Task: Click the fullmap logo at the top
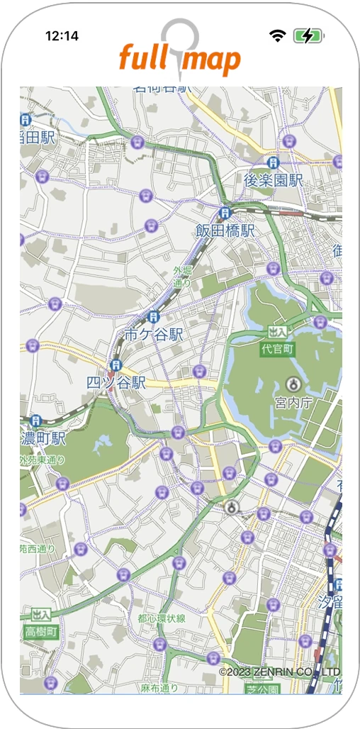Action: pos(179,57)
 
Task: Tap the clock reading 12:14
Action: pos(62,35)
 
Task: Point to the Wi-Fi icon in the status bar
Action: pos(277,35)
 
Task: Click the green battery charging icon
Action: pos(308,35)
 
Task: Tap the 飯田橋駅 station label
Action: pos(225,230)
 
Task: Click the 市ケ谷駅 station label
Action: pos(154,334)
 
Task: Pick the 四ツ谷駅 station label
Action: pos(116,382)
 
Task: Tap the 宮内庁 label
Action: pos(293,402)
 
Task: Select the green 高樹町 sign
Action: pos(40,631)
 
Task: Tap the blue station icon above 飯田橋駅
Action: pos(225,212)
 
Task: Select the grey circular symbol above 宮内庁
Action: pos(292,384)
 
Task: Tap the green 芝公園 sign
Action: pos(262,689)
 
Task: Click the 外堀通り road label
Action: pos(182,277)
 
